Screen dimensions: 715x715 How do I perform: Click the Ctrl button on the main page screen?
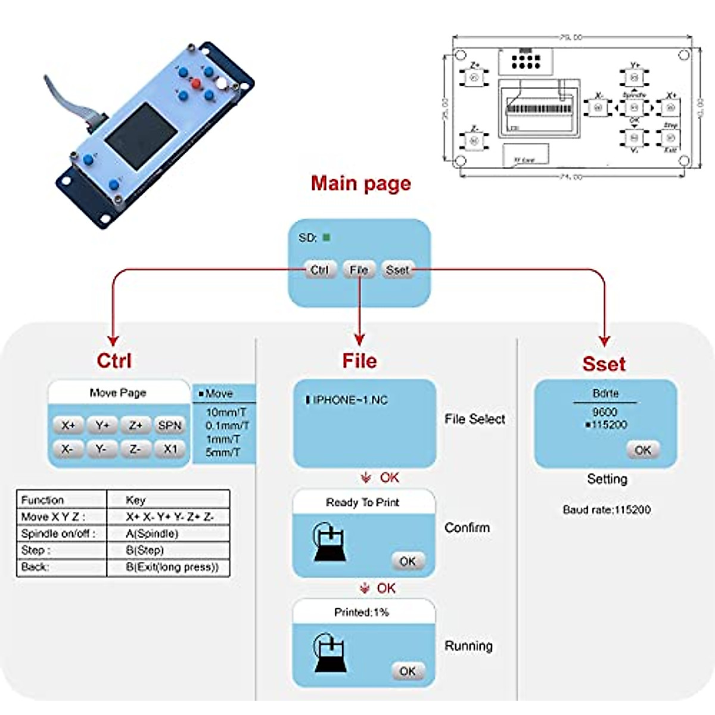click(x=319, y=270)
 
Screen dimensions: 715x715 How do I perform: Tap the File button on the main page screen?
click(x=359, y=270)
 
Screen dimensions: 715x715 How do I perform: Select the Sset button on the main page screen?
click(x=397, y=270)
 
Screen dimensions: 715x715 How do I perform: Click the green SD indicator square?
click(x=327, y=238)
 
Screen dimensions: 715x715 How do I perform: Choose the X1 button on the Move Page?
click(x=170, y=449)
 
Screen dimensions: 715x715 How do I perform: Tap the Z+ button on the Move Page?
click(x=136, y=425)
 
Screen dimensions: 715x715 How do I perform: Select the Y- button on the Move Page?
click(x=101, y=449)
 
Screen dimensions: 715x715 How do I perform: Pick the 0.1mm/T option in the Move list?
click(x=227, y=425)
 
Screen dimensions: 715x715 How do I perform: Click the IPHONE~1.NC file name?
click(x=350, y=400)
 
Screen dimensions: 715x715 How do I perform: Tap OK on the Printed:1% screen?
click(x=408, y=671)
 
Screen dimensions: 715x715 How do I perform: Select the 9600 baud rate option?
click(x=605, y=412)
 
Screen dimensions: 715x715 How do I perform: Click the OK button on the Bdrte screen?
click(x=643, y=450)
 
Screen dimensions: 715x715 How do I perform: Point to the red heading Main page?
click(x=361, y=183)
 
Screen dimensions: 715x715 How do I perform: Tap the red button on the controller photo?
click(x=196, y=83)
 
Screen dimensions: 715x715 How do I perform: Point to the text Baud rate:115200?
click(x=607, y=509)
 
